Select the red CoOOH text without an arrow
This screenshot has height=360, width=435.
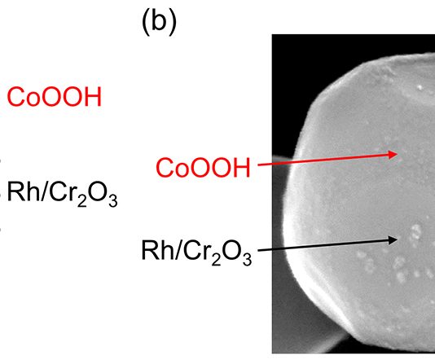[55, 97]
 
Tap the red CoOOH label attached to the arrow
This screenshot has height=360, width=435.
[204, 168]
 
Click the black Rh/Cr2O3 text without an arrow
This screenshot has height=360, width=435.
[62, 194]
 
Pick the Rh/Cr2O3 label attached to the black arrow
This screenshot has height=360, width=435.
[196, 252]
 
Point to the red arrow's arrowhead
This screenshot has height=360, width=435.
[393, 154]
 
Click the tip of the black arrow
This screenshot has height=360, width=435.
[398, 239]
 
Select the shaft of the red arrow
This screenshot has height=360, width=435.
[323, 160]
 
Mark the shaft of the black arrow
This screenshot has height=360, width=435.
[323, 245]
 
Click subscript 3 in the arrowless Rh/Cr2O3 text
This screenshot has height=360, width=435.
[113, 200]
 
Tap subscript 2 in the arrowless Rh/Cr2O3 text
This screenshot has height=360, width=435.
[81, 200]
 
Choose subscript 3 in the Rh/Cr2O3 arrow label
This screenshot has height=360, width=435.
[247, 259]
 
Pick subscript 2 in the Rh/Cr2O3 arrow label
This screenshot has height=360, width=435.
[216, 259]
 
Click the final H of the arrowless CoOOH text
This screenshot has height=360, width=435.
[94, 97]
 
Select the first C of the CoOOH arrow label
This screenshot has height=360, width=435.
[165, 168]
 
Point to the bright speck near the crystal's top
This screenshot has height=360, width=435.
[420, 88]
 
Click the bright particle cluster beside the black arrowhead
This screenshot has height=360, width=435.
[415, 232]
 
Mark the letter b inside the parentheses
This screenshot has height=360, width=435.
[159, 22]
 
